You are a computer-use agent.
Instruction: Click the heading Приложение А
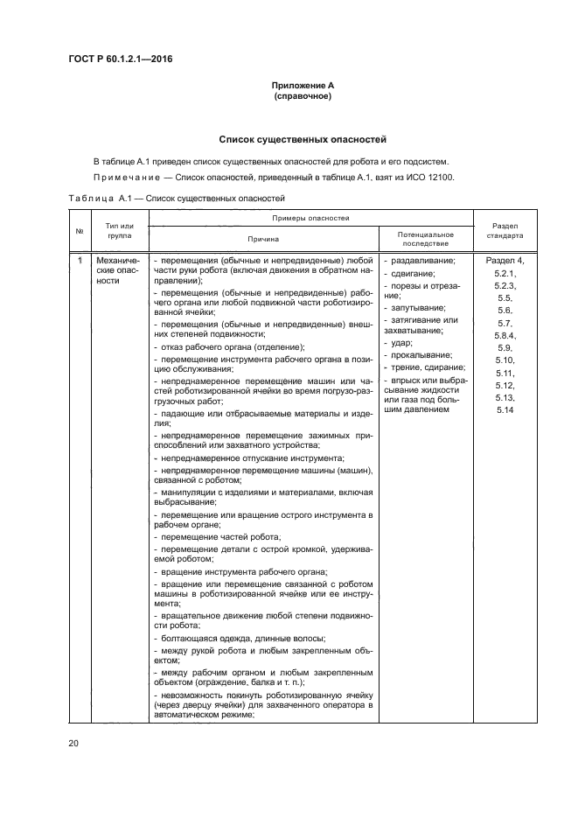pos(303,85)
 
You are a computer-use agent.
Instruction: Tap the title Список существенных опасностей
pos(303,139)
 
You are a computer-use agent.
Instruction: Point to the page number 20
pos(73,743)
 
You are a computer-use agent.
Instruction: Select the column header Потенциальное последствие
pos(425,238)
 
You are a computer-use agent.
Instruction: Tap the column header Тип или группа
pos(120,230)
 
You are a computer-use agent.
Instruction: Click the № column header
pos(80,230)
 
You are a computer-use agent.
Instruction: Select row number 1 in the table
pos(80,261)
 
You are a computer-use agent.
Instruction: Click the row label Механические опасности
pos(119,270)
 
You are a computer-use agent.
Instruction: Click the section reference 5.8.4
pos(505,335)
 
